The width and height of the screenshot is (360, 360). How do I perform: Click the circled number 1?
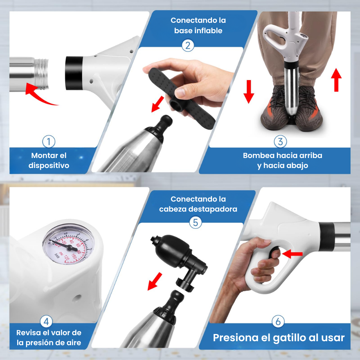click(x=49, y=142)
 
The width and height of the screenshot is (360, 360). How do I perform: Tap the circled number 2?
click(x=188, y=46)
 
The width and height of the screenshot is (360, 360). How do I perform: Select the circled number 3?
click(x=280, y=142)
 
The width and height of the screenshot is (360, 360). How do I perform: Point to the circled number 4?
click(x=46, y=322)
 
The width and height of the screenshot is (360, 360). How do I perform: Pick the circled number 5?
click(x=195, y=222)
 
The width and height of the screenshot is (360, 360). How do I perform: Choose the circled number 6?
click(x=278, y=322)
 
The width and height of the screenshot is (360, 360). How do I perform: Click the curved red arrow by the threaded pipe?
click(x=39, y=95)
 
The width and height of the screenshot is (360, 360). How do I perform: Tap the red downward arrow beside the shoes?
click(x=249, y=92)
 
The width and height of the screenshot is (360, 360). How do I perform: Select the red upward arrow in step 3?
click(x=336, y=80)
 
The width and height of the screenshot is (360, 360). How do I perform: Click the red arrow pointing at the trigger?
click(x=292, y=254)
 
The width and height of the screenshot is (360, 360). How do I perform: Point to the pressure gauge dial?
click(x=68, y=244)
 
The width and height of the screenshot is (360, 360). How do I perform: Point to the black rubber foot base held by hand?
click(x=181, y=98)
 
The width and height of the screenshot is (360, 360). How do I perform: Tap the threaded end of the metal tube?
click(x=42, y=74)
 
